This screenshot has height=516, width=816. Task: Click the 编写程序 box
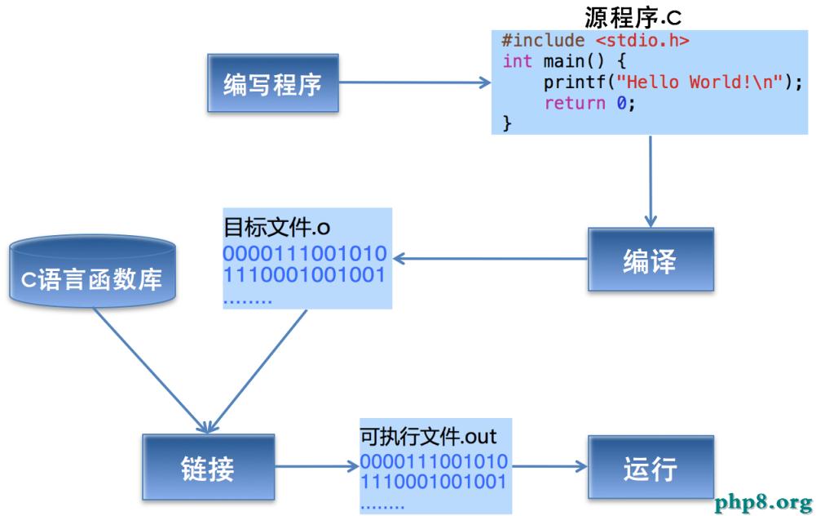point(272,83)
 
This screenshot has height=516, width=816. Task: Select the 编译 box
point(650,260)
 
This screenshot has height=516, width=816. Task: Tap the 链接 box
point(208,468)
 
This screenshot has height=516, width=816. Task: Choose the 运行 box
point(650,468)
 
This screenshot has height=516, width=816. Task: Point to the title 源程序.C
point(633,16)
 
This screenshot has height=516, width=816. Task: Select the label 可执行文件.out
point(428,435)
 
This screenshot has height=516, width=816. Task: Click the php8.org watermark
point(763,500)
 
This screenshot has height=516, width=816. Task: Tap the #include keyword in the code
point(543,40)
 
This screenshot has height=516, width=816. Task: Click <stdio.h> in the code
point(643,40)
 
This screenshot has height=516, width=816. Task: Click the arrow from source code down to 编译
point(651,180)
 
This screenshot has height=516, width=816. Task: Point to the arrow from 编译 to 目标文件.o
point(489,260)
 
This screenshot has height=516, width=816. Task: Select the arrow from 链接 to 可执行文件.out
point(316,468)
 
